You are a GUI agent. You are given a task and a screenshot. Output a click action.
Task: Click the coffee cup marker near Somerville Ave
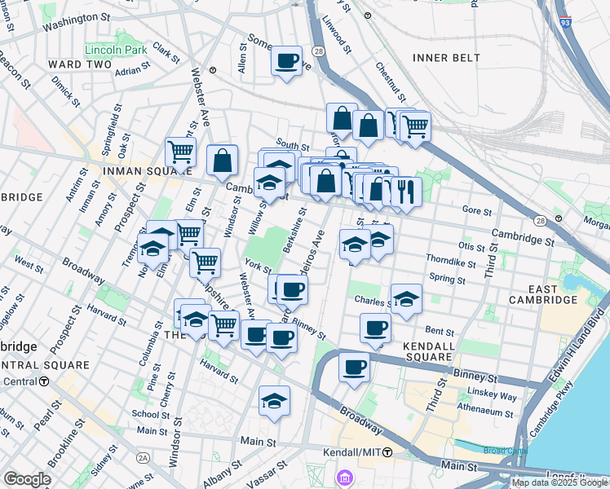pyautogui.click(x=286, y=60)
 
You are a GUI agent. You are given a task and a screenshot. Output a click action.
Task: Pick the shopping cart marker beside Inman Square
pyautogui.click(x=180, y=151)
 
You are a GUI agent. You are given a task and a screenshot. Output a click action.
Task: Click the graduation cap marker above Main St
pyautogui.click(x=275, y=400)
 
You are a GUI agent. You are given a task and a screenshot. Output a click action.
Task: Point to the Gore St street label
pyautogui.click(x=476, y=210)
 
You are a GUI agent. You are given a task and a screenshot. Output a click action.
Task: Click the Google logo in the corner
pyautogui.click(x=27, y=479)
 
